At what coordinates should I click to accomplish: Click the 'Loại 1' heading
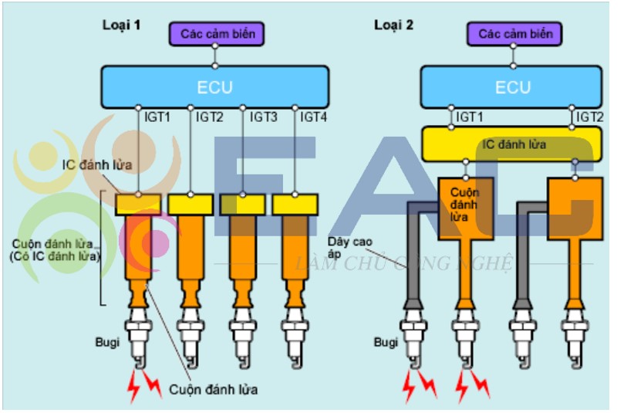point(121,25)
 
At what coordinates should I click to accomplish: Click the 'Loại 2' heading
point(393,25)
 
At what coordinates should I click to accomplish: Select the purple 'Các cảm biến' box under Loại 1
point(217,34)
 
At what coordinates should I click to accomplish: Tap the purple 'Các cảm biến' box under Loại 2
point(514,34)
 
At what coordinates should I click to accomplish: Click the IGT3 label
point(263,117)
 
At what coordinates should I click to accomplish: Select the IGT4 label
point(314,117)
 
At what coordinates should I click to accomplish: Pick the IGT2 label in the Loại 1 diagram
point(209,117)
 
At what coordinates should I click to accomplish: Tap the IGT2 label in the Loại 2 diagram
point(590,117)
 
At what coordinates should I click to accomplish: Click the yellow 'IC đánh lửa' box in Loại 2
point(512,144)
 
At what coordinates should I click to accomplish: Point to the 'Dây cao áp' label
point(350,248)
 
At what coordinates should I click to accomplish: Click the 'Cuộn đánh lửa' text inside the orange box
point(464,205)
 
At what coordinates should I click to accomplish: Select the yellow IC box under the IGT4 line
point(295,205)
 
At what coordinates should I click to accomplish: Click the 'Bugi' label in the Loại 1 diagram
point(107,343)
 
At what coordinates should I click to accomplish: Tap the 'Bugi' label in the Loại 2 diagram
point(386,343)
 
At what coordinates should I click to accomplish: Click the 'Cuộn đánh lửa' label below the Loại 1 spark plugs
point(214,390)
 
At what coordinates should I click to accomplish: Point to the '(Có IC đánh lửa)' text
point(55,256)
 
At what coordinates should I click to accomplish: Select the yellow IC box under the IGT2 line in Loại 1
point(191,205)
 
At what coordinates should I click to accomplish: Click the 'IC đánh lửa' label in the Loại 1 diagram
point(97,165)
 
